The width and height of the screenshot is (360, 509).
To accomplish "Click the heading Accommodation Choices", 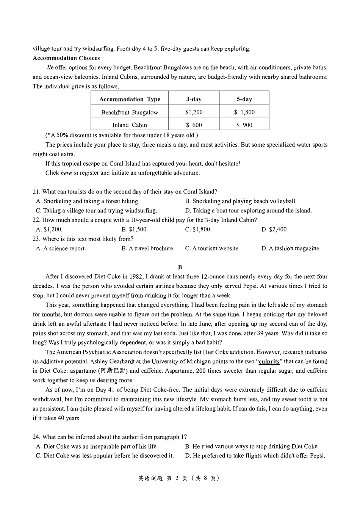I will coord(66,58).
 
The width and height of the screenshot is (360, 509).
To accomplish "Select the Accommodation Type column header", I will coord(130,99).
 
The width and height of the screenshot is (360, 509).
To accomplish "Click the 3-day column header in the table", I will coord(194,99).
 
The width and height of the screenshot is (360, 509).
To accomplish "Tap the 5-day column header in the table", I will coord(244,99).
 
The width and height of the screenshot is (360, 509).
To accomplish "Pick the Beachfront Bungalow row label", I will coord(130,112).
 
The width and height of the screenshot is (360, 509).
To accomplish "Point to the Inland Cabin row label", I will coord(130,125).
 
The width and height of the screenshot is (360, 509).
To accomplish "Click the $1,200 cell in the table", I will coord(194,112).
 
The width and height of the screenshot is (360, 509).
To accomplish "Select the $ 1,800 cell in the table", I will coord(244,112).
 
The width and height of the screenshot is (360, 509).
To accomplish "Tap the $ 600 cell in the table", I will coord(194,125).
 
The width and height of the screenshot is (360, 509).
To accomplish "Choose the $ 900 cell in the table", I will coord(244,125).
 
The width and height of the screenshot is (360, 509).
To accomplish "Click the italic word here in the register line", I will coord(66,173).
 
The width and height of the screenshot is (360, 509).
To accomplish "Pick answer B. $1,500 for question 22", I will coord(135,230).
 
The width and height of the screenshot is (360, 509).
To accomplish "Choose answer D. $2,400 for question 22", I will coord(274,230).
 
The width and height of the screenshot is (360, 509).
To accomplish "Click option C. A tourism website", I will coord(212,248).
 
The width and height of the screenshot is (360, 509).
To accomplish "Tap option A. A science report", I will coord(61,248).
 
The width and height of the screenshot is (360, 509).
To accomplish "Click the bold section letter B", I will coord(180,267).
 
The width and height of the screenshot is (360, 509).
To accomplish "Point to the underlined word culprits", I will coord(269,362).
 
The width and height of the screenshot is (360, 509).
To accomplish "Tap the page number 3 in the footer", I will coord(177,478).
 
